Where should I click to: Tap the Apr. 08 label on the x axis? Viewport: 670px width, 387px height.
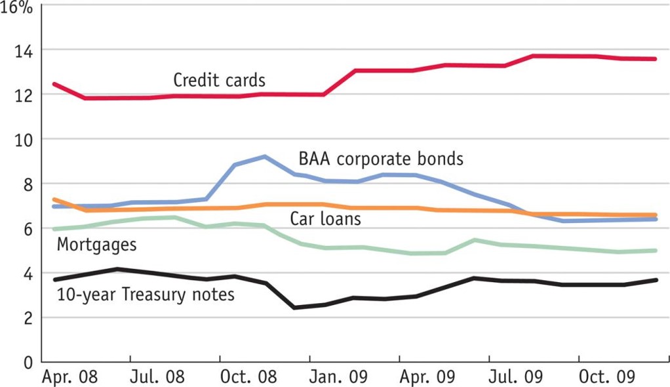(69, 378)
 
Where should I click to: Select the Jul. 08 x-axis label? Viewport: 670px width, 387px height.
(157, 378)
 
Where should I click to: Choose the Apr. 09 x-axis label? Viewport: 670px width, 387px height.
(427, 378)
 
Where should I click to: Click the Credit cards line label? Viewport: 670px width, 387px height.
(219, 81)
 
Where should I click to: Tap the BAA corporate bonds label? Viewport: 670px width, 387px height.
(381, 159)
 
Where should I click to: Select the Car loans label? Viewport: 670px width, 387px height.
(326, 218)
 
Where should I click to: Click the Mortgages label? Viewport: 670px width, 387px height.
(96, 245)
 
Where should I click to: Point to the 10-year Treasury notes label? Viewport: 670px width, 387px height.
(145, 295)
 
